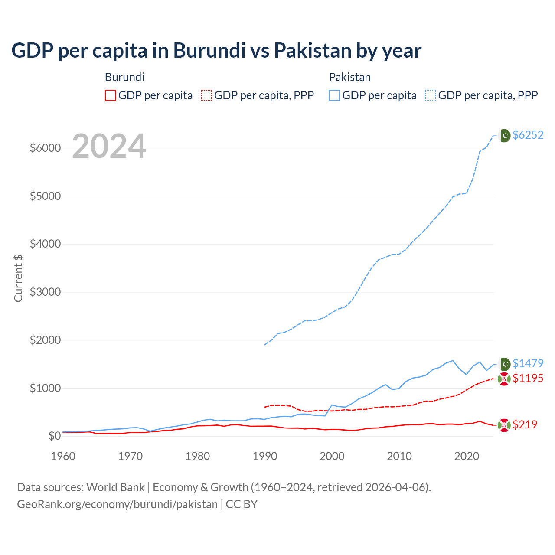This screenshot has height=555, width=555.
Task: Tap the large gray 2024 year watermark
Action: [109, 146]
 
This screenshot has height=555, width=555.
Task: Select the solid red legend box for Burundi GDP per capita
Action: [111, 95]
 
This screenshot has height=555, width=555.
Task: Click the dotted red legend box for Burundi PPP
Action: [206, 95]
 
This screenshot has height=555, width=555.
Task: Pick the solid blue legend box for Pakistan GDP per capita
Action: [334, 95]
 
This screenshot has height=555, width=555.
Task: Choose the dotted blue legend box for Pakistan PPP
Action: [431, 95]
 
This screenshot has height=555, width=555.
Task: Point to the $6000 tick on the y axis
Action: [45, 148]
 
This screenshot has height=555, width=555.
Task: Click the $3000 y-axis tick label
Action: [45, 292]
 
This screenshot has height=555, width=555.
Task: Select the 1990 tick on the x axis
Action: [264, 456]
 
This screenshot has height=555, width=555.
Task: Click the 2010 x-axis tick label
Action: [399, 456]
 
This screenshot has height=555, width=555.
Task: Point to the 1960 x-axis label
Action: [63, 456]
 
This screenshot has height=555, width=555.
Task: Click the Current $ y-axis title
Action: [18, 278]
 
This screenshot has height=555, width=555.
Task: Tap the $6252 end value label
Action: [528, 135]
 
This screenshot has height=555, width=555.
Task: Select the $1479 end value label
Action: [528, 363]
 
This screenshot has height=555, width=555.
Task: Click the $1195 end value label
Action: [528, 378]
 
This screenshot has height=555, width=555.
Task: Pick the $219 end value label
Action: [525, 424]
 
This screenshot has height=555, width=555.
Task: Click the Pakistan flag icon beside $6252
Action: [504, 136]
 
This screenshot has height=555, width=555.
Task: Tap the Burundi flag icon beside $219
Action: [504, 425]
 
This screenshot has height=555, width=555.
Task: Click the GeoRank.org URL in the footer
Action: [117, 504]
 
